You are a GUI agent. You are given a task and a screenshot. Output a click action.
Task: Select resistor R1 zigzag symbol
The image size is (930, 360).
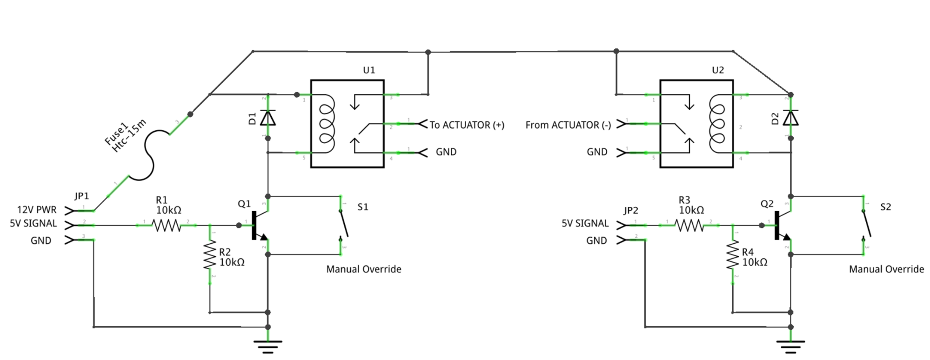(x=166, y=226)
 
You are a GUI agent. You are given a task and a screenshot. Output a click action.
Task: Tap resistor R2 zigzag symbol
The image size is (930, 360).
(x=210, y=254)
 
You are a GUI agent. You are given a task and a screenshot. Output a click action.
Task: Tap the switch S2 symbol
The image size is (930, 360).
(x=866, y=225)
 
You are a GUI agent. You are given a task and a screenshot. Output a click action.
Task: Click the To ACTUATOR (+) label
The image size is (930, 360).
(x=467, y=125)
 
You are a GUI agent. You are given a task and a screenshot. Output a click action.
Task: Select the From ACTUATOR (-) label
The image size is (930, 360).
(x=568, y=125)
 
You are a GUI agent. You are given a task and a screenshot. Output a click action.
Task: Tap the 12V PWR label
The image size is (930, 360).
(x=37, y=210)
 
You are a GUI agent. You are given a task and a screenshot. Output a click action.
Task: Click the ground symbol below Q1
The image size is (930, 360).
(x=268, y=346)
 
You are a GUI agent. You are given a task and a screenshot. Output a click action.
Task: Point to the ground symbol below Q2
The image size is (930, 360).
(x=790, y=346)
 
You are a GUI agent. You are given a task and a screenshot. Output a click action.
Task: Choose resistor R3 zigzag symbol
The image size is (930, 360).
(x=689, y=226)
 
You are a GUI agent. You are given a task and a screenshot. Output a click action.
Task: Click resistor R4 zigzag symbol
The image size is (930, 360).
(x=733, y=254)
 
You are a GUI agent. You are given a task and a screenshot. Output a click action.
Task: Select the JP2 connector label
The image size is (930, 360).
(x=630, y=211)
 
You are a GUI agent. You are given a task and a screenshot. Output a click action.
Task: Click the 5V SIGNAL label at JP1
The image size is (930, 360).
(x=33, y=224)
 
